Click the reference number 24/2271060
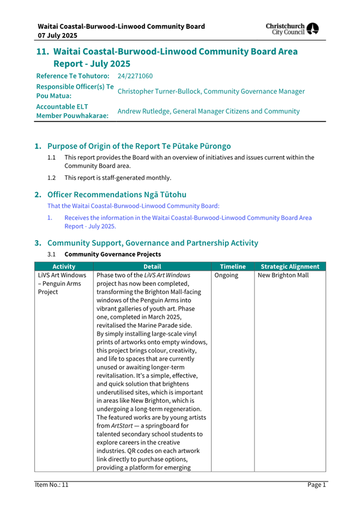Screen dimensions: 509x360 coord(135,76)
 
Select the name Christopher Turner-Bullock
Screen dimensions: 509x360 coord(162,92)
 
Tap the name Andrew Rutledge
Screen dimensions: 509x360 coord(143,111)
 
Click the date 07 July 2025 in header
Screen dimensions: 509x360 coord(57,35)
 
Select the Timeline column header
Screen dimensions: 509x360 coord(233,267)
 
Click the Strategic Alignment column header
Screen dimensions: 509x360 coord(289,267)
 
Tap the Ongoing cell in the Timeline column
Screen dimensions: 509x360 coord(227,276)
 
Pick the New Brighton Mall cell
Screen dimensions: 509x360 coord(283,276)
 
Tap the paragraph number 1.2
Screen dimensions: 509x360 coord(51,178)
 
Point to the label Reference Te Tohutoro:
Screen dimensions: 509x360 coord(72,76)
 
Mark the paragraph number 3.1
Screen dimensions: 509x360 coord(51,254)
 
